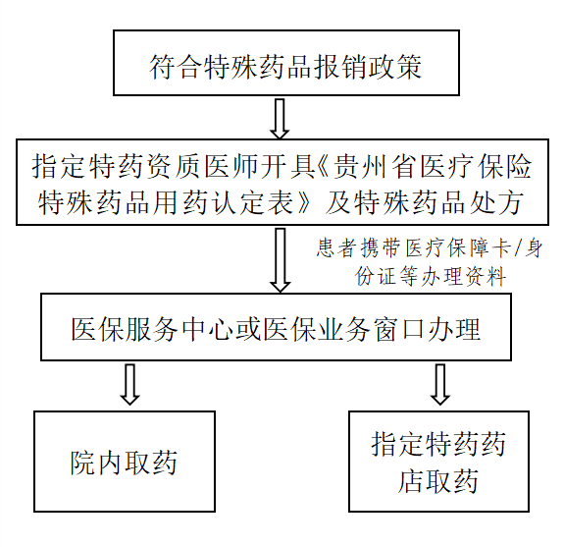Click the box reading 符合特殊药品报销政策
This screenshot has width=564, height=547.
coord(286,63)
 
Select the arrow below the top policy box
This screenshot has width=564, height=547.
coord(280,119)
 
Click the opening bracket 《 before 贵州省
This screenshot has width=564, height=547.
coord(324,167)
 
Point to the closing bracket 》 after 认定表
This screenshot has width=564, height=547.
coord(303,202)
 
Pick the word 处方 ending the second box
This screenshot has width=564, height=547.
coord(509,202)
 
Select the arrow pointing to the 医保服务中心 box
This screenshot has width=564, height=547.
coord(281,260)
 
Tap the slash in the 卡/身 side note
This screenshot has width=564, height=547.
coord(519,248)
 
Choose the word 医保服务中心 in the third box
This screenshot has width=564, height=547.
coord(152,329)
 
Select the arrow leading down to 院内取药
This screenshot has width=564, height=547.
coord(129,384)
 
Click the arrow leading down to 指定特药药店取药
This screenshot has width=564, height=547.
coord(439,384)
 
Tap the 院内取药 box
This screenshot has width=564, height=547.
coord(125,462)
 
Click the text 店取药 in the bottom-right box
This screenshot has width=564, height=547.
coord(438,481)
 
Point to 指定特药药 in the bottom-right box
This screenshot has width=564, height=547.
coord(438,444)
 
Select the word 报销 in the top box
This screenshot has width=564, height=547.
coord(340,67)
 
